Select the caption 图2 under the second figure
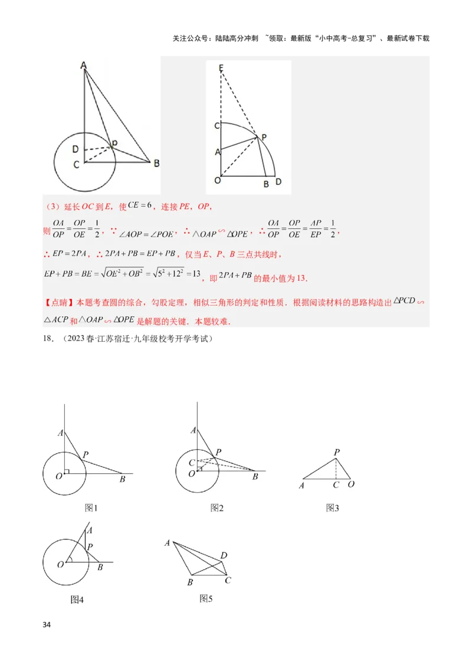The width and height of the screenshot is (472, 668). coord(217,508)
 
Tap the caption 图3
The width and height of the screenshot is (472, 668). coord(332,508)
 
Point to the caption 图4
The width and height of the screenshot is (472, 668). coord(77,600)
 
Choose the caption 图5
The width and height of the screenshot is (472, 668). coord(206,598)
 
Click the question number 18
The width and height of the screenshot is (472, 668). coord(48,339)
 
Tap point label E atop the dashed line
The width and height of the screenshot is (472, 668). coord(221,68)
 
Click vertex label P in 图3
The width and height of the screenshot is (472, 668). coord(336,453)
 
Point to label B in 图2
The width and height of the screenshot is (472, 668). coord(255,476)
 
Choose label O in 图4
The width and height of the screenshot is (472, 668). coord(60,564)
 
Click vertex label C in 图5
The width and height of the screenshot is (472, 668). coord(228,580)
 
